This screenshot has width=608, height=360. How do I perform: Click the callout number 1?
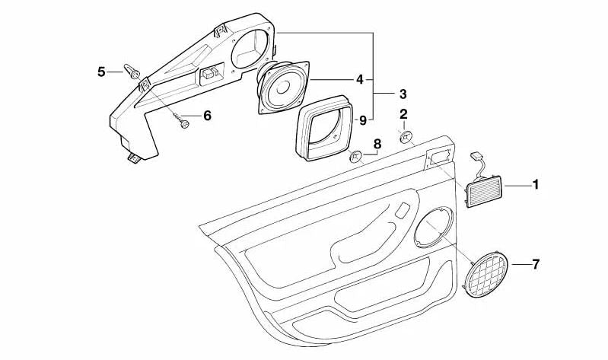[535, 185]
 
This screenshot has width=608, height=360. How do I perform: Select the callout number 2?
[403, 114]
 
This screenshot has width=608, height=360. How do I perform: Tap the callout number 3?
[403, 94]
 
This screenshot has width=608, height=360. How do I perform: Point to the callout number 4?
[360, 79]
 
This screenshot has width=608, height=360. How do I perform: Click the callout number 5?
[101, 72]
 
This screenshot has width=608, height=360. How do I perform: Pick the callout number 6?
[208, 115]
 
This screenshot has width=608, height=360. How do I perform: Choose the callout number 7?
[536, 265]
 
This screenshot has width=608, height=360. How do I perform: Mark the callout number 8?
[377, 144]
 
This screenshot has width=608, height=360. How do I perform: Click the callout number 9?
[362, 120]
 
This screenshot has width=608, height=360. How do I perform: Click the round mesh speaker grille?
[487, 273]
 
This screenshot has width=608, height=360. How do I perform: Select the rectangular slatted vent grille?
[485, 191]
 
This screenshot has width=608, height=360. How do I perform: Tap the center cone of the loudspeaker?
[283, 87]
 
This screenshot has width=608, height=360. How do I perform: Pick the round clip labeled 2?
[405, 137]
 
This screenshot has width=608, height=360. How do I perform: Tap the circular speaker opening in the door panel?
[433, 228]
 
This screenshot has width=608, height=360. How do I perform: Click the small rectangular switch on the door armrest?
[403, 210]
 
